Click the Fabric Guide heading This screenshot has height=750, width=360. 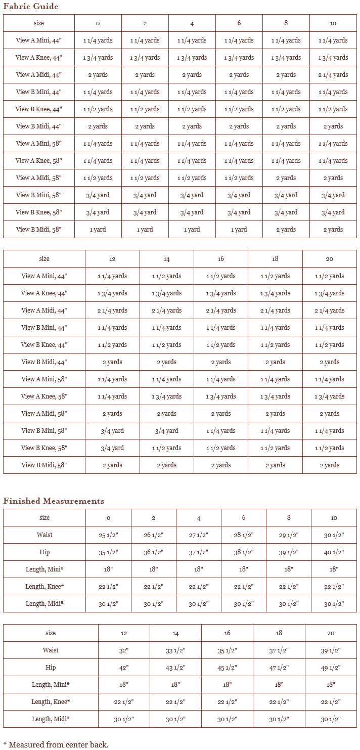pyautogui.click(x=31, y=7)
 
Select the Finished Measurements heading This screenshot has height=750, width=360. pyautogui.click(x=54, y=501)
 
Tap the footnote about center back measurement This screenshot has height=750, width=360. pyautogui.click(x=56, y=744)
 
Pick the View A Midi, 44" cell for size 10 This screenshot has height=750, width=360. pyautogui.click(x=333, y=75)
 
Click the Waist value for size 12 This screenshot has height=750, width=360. pyautogui.click(x=124, y=650)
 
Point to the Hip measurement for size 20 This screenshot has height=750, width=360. pyautogui.click(x=330, y=668)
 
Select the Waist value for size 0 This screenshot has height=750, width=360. pyautogui.click(x=108, y=535)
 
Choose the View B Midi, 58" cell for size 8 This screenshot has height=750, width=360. pyautogui.click(x=286, y=230)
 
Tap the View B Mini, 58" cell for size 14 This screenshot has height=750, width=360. pyautogui.click(x=166, y=431)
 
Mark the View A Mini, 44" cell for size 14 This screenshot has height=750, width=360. pyautogui.click(x=166, y=276)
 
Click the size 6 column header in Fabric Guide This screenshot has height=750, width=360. pyautogui.click(x=239, y=23)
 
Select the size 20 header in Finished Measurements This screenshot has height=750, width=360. pyautogui.click(x=330, y=633)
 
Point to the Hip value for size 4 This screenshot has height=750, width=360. pyautogui.click(x=198, y=552)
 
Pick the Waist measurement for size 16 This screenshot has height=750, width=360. pyautogui.click(x=227, y=650)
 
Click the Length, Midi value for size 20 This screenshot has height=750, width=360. pyautogui.click(x=330, y=719)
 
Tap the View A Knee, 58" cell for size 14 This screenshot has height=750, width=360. pyautogui.click(x=166, y=396)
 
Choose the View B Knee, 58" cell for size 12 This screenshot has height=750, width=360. pyautogui.click(x=112, y=448)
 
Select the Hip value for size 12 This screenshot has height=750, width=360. pyautogui.click(x=124, y=668)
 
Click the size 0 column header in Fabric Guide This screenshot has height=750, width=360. pyautogui.click(x=98, y=23)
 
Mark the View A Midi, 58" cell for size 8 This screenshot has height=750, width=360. pyautogui.click(x=286, y=178)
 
